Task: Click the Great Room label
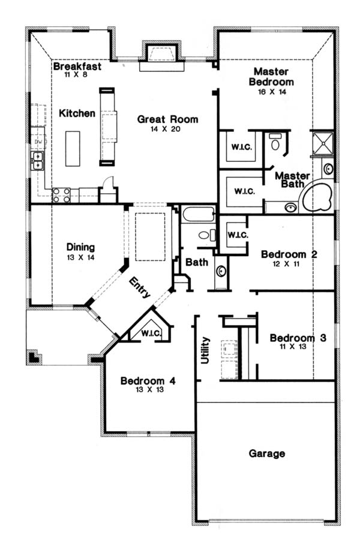167,119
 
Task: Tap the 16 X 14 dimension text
272,92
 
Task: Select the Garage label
267,453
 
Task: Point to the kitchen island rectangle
73,149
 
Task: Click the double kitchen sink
37,161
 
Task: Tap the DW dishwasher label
38,142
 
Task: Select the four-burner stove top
61,196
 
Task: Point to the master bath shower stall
322,143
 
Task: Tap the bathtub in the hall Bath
198,214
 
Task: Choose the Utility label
205,350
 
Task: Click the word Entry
140,287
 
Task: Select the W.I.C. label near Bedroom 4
151,333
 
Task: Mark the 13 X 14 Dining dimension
80,257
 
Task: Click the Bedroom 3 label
298,338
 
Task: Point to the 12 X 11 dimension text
286,264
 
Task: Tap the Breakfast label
77,66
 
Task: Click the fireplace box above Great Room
161,52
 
